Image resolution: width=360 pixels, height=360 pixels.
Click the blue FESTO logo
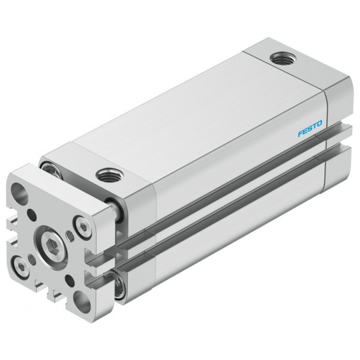310,128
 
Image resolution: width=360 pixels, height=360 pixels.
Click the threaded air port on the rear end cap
283,58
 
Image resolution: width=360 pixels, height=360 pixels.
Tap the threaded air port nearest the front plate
109,175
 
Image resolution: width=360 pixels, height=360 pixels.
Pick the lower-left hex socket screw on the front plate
21,267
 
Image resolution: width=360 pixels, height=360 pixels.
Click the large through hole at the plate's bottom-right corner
82,302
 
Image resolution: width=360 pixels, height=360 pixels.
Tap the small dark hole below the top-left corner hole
32,215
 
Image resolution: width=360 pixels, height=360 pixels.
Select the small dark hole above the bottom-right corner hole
70,281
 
